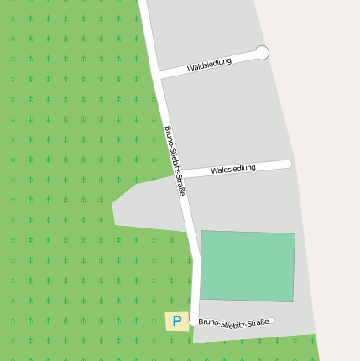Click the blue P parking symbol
point(176,321)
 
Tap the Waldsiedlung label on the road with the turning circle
point(209,65)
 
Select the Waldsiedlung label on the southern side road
point(232,170)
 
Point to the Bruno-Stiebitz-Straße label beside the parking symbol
point(233,322)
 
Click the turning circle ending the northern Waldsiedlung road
point(262,53)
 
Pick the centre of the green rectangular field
point(248,266)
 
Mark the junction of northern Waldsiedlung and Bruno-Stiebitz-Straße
point(157,76)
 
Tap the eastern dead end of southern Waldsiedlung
point(289,165)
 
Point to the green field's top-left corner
point(201,231)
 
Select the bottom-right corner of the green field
point(293,301)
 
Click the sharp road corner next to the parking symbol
point(195,322)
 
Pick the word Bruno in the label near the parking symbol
point(208,322)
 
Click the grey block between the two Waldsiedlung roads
point(227,118)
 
